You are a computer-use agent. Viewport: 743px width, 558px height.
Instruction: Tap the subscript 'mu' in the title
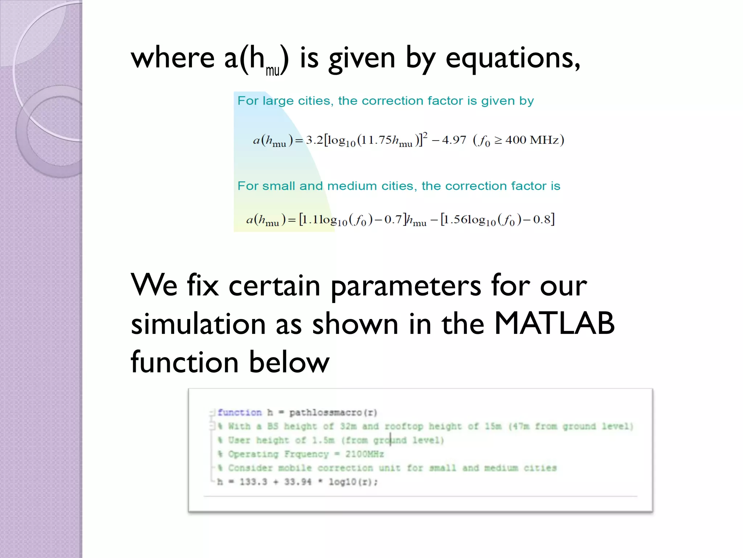pos(272,70)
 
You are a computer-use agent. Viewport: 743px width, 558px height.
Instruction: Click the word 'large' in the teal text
pos(278,101)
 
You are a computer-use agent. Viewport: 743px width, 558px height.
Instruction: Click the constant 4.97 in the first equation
pos(454,140)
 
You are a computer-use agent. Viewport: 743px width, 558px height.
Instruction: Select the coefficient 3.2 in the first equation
pos(314,140)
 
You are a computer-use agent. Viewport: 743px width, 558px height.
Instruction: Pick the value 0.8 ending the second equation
pos(542,219)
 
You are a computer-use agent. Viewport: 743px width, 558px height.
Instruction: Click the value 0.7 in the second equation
pos(393,219)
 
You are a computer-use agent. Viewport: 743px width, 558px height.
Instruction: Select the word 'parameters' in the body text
pos(406,286)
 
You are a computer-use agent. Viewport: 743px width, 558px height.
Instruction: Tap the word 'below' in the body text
pos(289,362)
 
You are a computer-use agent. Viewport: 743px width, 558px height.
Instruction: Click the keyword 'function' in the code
pos(239,413)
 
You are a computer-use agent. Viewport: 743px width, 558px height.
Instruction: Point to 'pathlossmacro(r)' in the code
pos(333,413)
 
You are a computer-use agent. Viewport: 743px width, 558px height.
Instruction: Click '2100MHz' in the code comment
pos(364,454)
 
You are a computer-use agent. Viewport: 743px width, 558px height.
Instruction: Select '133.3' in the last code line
pos(253,482)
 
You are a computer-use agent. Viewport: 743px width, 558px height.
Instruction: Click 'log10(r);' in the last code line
pos(353,482)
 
